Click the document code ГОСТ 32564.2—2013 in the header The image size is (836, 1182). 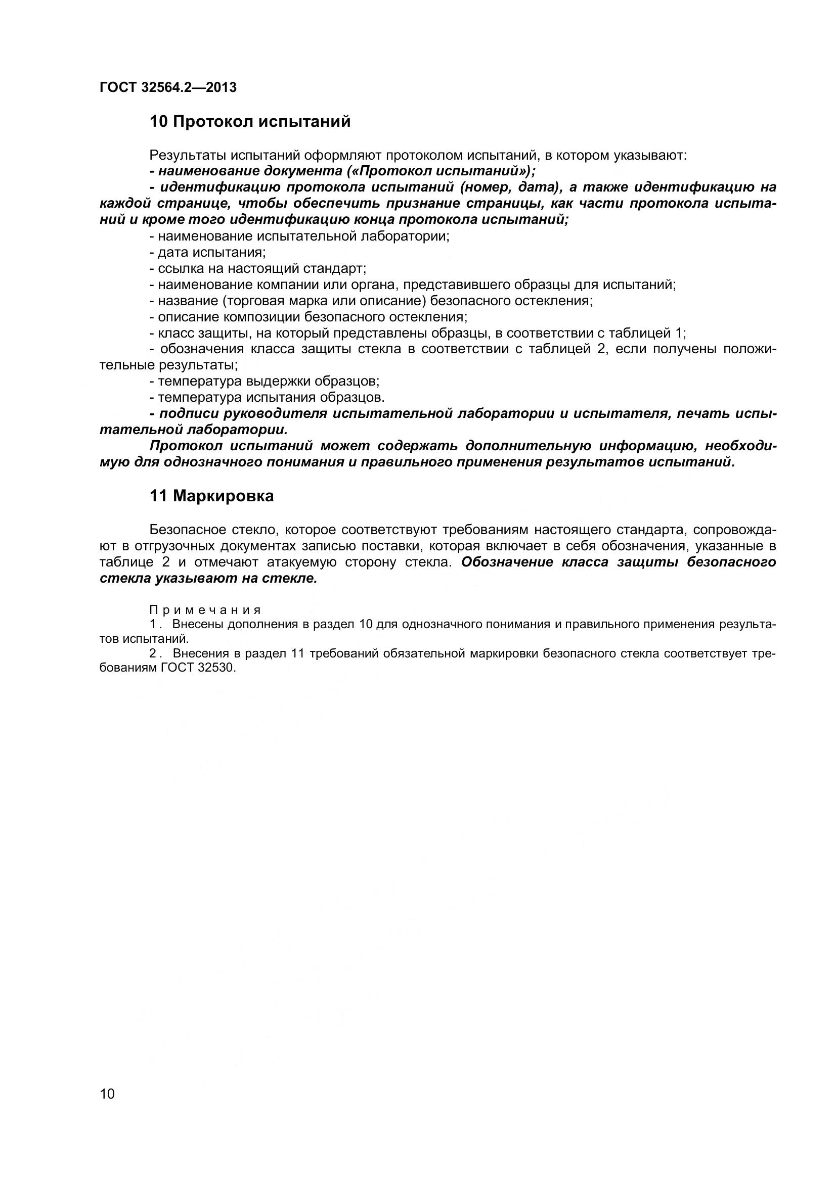168,87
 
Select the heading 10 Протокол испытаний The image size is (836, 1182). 250,122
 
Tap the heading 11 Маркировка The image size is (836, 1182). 212,496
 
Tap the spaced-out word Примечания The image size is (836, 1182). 205,610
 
